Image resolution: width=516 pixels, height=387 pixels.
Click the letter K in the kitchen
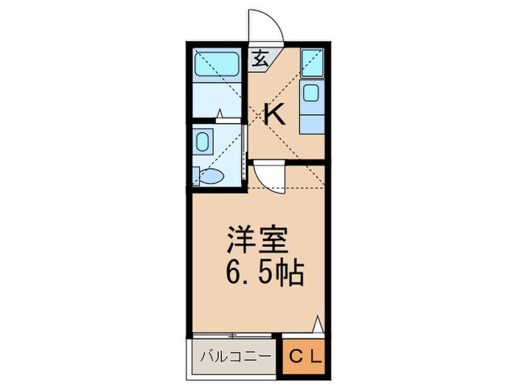pyautogui.click(x=275, y=114)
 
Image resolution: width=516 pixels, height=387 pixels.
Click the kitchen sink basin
pyautogui.click(x=311, y=94)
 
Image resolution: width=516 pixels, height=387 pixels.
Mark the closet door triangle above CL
pyautogui.click(x=318, y=324)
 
